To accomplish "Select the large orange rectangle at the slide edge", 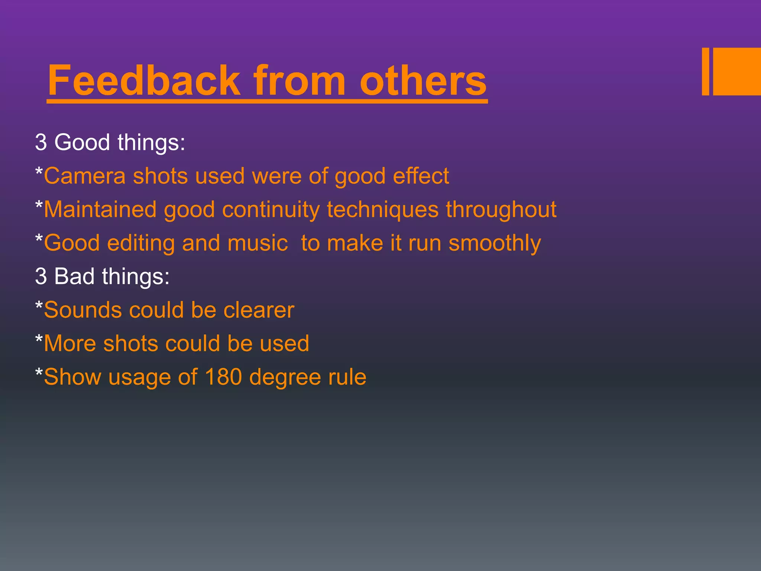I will point(737,71).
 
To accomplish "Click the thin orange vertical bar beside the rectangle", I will point(705,71).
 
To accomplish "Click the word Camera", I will point(85,176).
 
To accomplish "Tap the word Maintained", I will point(100,209).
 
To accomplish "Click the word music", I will point(258,243).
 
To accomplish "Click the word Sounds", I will point(83,310).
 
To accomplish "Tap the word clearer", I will point(259,310).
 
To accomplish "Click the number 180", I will point(223,377).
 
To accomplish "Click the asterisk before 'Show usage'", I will point(39,372).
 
